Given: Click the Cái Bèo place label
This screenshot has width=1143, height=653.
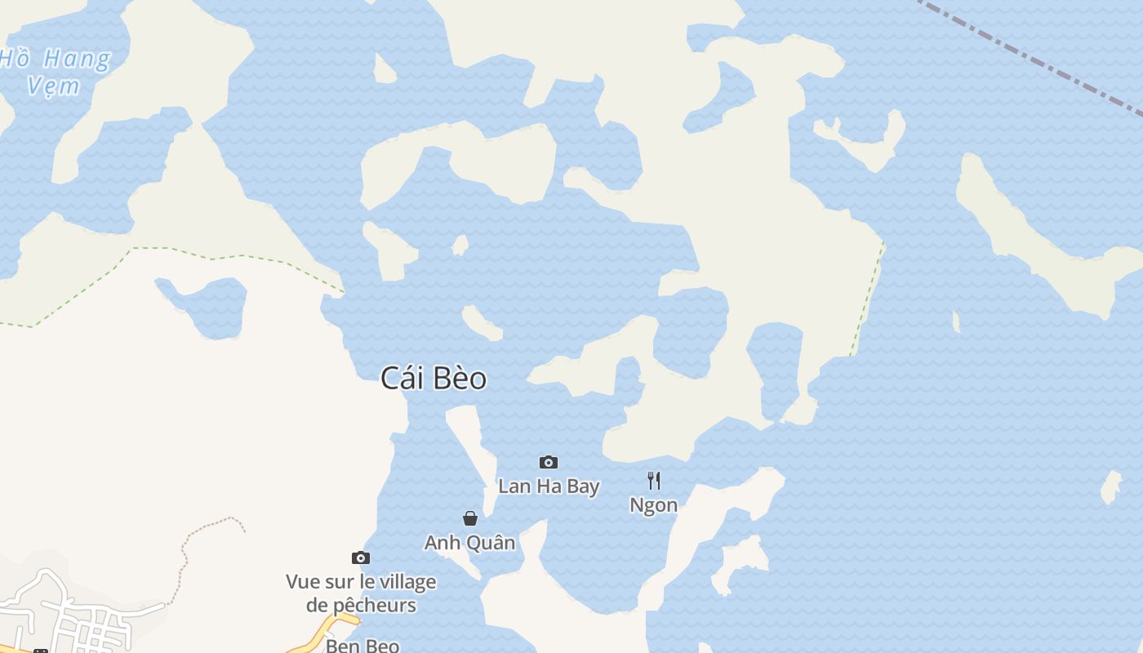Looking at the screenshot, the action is coord(434,378).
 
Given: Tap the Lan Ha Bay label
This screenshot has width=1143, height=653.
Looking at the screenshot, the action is coord(549,486).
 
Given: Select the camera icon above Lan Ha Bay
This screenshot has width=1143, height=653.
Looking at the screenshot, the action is coord(549,463).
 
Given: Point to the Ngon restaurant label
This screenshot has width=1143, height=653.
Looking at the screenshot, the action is coord(653,505).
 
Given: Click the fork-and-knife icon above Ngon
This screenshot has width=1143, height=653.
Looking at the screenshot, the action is coord(653,480).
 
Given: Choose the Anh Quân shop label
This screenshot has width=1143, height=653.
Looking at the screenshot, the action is coord(469,543).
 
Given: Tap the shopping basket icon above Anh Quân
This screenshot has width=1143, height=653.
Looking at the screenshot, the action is coord(470,518).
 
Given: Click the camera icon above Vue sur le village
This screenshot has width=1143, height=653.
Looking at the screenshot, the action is coord(361,558).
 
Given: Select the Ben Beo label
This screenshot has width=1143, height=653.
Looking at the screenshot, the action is coord(362,646).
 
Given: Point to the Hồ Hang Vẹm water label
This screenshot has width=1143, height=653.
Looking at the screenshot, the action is coord(54,71).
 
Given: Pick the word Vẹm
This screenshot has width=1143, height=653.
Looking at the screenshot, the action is coord(53,86).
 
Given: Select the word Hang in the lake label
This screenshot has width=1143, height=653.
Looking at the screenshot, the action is coord(77,59).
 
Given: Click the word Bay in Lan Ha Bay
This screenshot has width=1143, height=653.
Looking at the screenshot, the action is coord(583,486).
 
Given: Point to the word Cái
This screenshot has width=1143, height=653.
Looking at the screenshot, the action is coord(401,378).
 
